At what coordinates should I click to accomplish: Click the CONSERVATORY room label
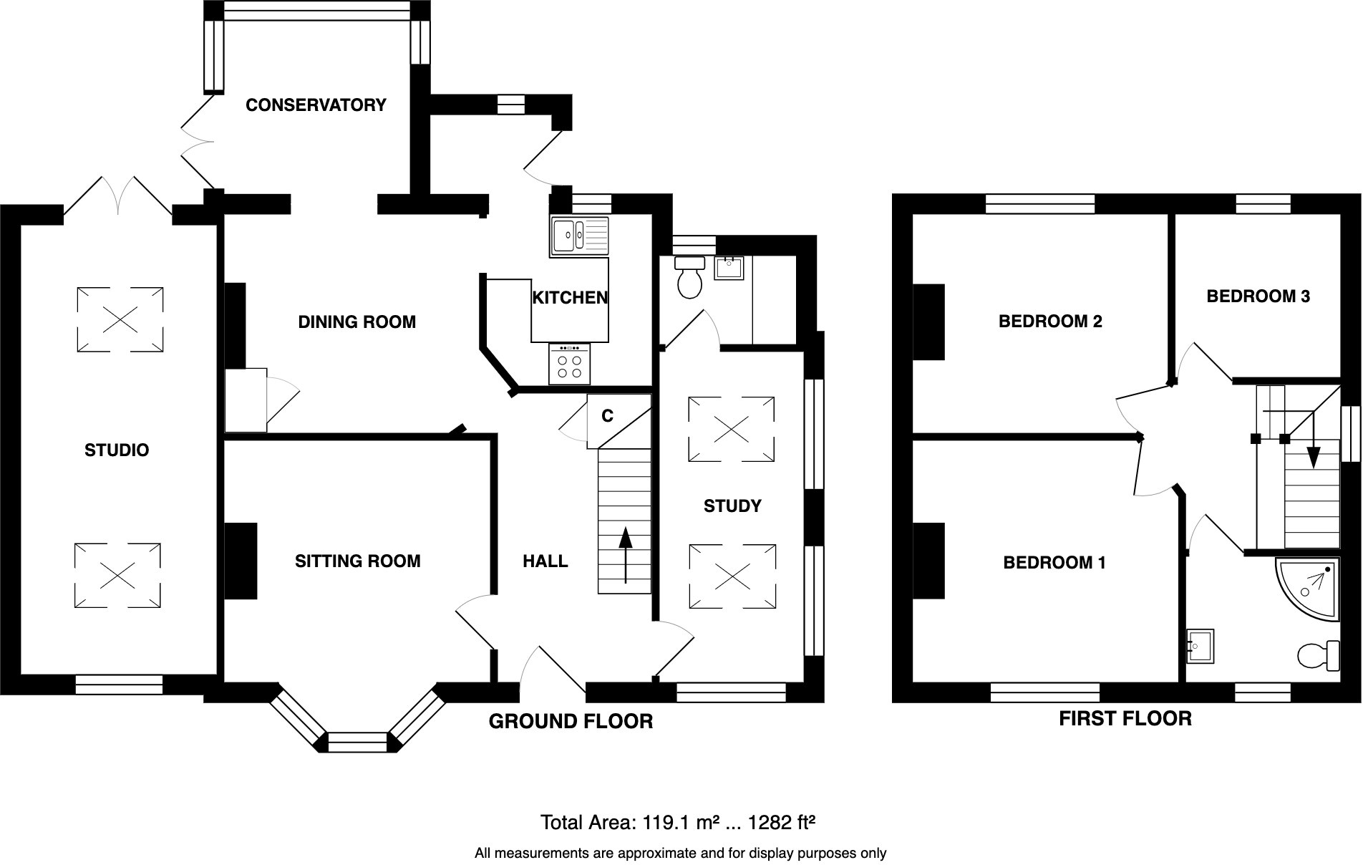[x=316, y=105]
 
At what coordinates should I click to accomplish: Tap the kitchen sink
[x=579, y=236]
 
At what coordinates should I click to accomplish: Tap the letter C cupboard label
[x=607, y=416]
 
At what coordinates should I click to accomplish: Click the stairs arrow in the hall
[x=625, y=555]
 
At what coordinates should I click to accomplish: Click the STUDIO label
[x=117, y=450]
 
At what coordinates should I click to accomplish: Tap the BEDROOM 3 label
[x=1258, y=296]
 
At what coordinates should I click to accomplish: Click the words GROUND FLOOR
[x=571, y=721]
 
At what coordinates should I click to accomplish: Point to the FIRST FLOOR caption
[x=1125, y=718]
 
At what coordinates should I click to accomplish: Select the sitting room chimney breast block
[x=241, y=561]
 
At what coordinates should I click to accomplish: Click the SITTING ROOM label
[x=357, y=561]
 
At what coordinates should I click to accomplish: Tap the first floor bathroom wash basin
[x=1200, y=647]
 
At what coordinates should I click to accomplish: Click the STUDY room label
[x=732, y=506]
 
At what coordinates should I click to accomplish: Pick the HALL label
[x=545, y=561]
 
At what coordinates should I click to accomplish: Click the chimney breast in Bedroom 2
[x=928, y=322]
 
